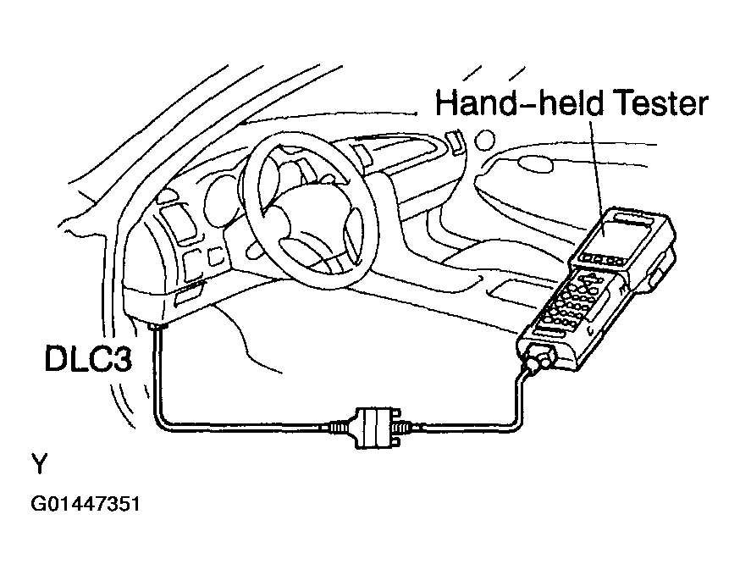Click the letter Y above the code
39,465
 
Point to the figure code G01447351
86,506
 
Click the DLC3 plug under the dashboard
154,328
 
